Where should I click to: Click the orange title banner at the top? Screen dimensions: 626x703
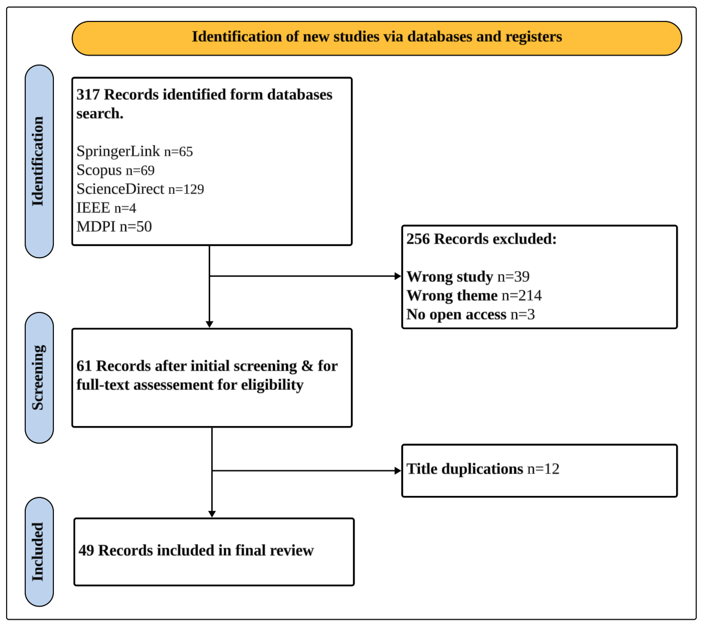click(x=377, y=38)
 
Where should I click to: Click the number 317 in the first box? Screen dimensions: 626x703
click(x=88, y=95)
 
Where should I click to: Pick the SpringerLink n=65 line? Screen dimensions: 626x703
click(x=134, y=151)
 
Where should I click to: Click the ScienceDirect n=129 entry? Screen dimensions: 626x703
click(x=140, y=189)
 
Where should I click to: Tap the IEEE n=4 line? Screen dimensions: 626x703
click(x=106, y=208)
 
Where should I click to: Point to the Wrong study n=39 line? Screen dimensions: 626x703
click(x=468, y=276)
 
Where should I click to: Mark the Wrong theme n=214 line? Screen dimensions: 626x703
click(x=474, y=295)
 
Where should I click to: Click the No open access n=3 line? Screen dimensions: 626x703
click(x=470, y=314)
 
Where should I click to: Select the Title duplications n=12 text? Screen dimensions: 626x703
click(x=482, y=469)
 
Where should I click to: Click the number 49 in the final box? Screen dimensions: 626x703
click(x=86, y=550)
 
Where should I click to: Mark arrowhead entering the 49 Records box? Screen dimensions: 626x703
click(x=212, y=514)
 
